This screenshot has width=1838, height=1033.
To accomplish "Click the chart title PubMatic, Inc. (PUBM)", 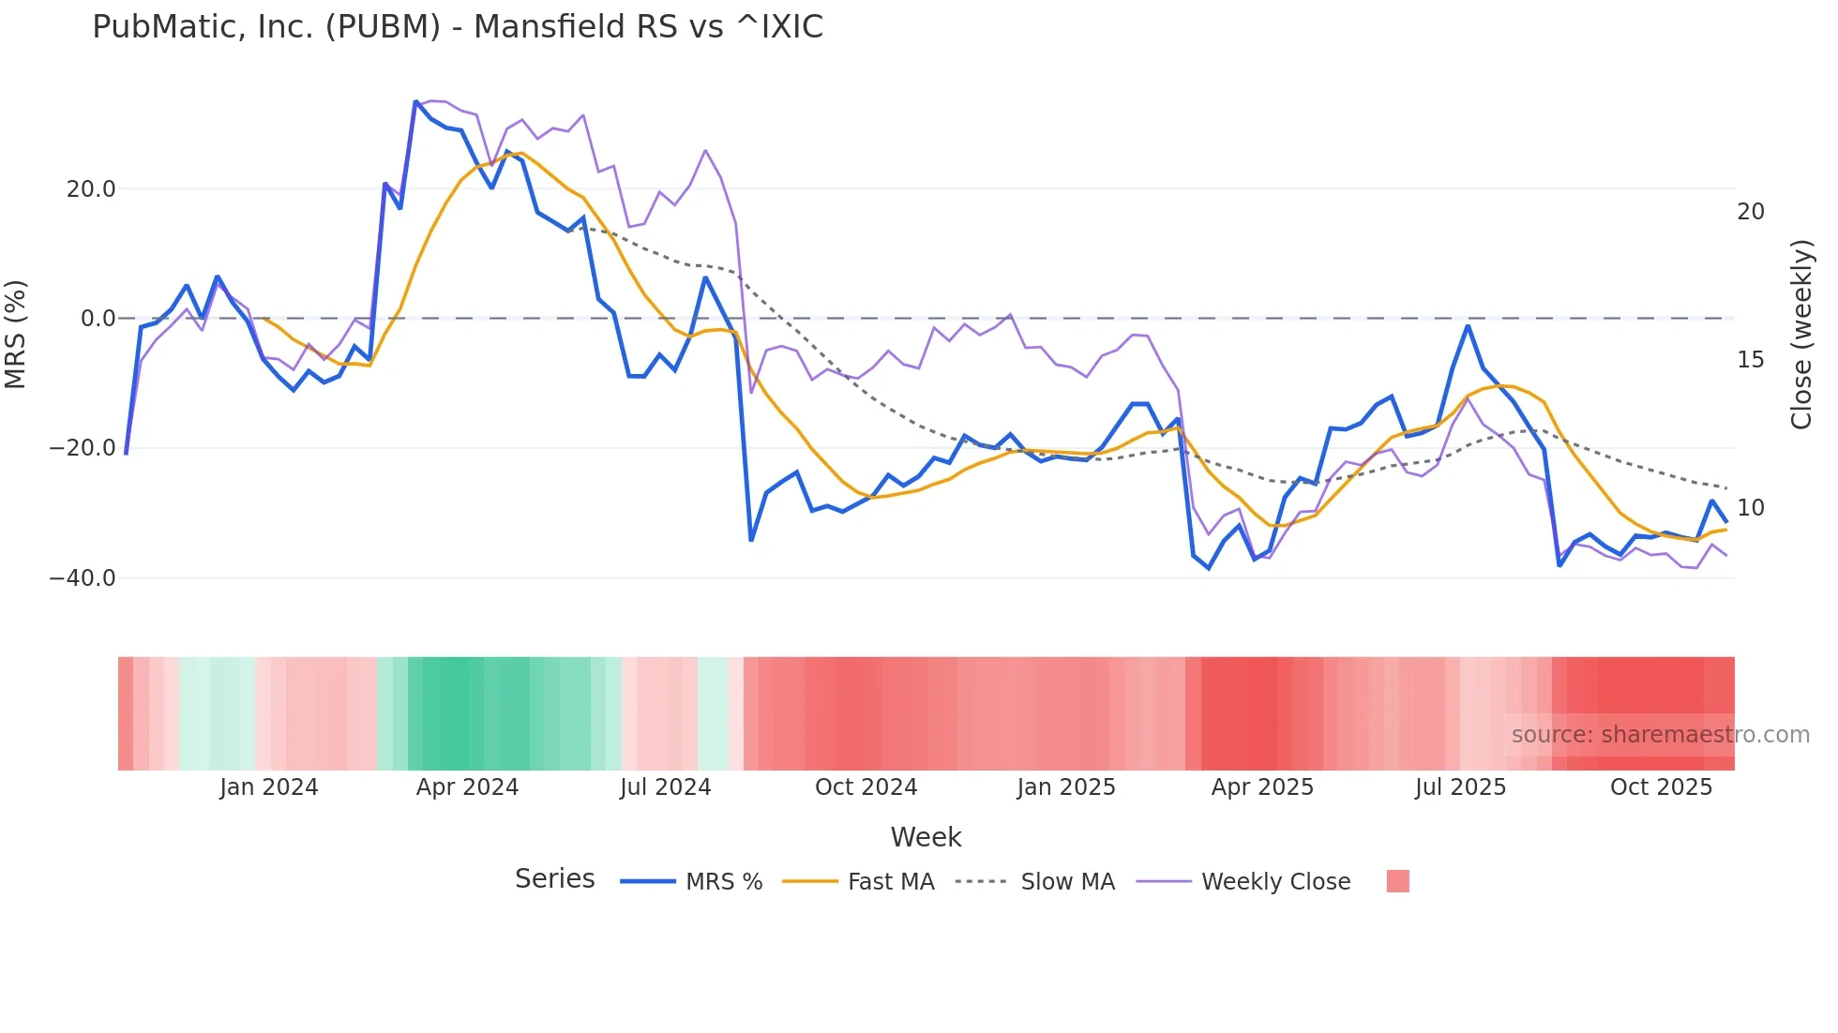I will [x=457, y=27].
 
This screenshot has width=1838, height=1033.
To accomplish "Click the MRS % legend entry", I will [x=723, y=882].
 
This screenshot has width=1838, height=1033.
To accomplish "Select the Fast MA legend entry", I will [x=890, y=882].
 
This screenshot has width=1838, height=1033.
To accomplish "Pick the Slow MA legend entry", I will [x=1067, y=882].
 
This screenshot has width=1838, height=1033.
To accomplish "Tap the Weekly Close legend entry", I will [x=1275, y=882].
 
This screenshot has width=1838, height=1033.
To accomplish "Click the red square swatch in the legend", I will [x=1397, y=881].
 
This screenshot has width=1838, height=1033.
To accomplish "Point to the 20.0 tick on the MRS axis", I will [x=91, y=189].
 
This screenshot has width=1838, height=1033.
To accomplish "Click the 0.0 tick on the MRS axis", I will [x=98, y=319].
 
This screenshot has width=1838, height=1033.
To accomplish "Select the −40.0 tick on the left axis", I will [x=83, y=578].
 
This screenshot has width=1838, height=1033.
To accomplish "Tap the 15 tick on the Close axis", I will [x=1750, y=360].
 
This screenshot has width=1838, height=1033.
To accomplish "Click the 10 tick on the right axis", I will [x=1750, y=508].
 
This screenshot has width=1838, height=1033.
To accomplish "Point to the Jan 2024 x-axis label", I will [x=269, y=787].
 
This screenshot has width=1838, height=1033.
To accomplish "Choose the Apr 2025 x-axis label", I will [x=1262, y=787].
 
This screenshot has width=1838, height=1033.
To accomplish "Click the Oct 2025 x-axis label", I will [x=1661, y=787].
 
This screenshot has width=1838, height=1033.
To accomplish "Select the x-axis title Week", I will [x=926, y=837].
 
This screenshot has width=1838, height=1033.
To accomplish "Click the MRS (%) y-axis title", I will [x=16, y=335].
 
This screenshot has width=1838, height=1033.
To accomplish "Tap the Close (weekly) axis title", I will [x=1801, y=335].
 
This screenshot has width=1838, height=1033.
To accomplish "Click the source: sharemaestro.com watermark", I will [x=1660, y=735].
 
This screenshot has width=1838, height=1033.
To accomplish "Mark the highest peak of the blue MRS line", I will [x=415, y=101].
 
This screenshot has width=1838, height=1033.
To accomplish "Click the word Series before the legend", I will [x=554, y=879].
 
